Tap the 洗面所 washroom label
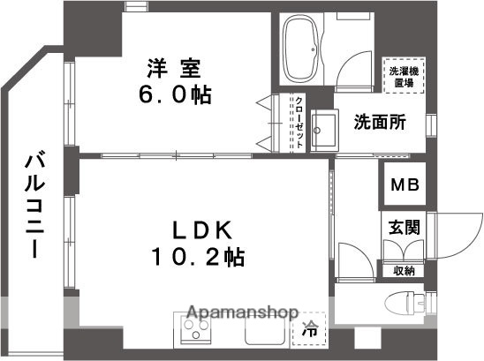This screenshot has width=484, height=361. pyautogui.click(x=381, y=123)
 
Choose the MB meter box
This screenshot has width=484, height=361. pyautogui.click(x=405, y=186)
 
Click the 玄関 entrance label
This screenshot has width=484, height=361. pyautogui.click(x=404, y=227)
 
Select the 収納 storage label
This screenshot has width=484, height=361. pyautogui.click(x=403, y=271)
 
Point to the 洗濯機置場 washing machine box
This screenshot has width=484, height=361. pyautogui.click(x=402, y=75)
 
